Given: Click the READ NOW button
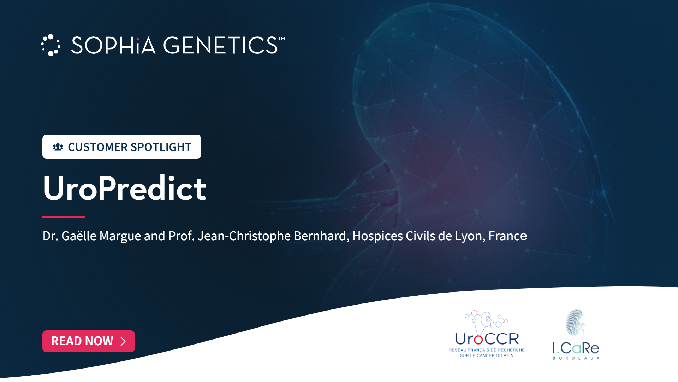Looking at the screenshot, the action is pyautogui.click(x=89, y=341).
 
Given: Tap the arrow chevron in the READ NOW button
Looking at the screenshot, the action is pyautogui.click(x=123, y=341).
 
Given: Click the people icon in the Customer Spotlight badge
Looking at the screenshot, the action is pyautogui.click(x=58, y=147).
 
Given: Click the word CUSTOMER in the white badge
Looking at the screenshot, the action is pyautogui.click(x=98, y=147).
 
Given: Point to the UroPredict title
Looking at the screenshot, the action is pyautogui.click(x=125, y=188).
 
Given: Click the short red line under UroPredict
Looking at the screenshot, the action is pyautogui.click(x=64, y=217).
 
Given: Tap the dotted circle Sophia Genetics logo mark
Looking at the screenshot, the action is pyautogui.click(x=50, y=45).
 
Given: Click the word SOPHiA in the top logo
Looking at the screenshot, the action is pyautogui.click(x=113, y=45).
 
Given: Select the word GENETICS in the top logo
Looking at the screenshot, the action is pyautogui.click(x=220, y=45).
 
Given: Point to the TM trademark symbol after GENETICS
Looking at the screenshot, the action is pyautogui.click(x=281, y=39).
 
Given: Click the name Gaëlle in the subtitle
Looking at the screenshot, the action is pyautogui.click(x=79, y=236).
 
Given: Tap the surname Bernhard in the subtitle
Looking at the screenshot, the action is pyautogui.click(x=321, y=236).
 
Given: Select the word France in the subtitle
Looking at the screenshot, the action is pyautogui.click(x=508, y=236).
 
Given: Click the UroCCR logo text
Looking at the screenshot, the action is pyautogui.click(x=487, y=339).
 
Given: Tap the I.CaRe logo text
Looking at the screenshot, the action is pyautogui.click(x=576, y=348).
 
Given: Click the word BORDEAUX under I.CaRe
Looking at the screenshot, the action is pyautogui.click(x=576, y=358).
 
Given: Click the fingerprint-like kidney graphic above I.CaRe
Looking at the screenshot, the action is pyautogui.click(x=576, y=322).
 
